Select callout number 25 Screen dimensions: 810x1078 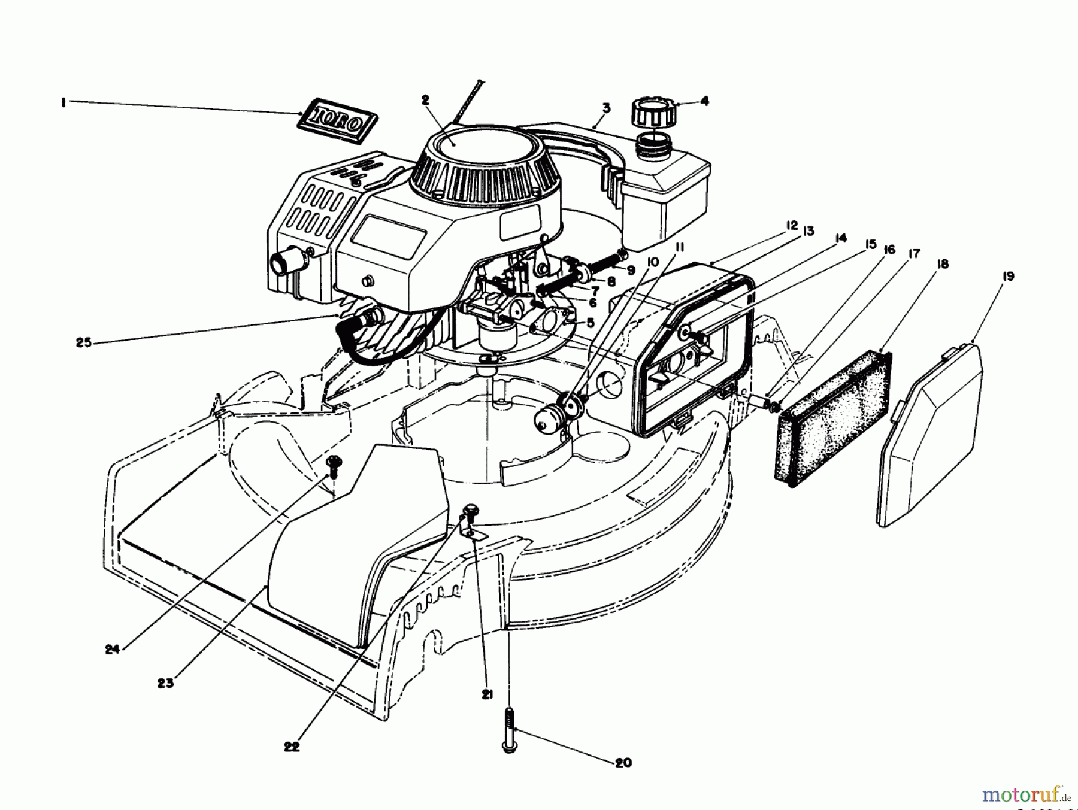(x=84, y=343)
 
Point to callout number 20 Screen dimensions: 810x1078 (x=623, y=763)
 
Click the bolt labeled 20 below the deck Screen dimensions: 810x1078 (x=509, y=729)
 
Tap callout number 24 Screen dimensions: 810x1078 (x=113, y=648)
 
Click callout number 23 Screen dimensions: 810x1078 (x=166, y=682)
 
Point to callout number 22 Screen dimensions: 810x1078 (x=292, y=747)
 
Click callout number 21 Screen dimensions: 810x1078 (x=487, y=694)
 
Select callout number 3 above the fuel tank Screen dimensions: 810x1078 (x=606, y=108)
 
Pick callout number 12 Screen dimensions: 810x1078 (x=792, y=226)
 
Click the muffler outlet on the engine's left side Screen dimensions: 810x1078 (x=282, y=262)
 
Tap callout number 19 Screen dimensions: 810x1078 (x=1008, y=277)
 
